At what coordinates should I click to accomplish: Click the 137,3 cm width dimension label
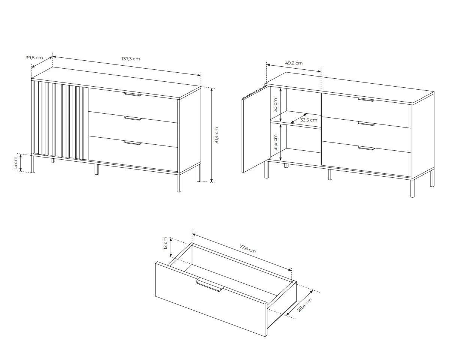click(131, 59)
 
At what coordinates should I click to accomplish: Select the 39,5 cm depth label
click(34, 57)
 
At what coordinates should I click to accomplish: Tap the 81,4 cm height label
click(217, 135)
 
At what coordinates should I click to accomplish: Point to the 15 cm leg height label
click(16, 163)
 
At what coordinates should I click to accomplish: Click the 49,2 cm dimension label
click(294, 63)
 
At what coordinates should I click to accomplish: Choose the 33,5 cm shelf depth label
click(309, 120)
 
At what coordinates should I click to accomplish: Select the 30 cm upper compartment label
click(275, 105)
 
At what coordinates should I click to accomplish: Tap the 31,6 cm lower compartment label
click(275, 142)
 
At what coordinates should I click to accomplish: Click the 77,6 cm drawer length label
click(248, 249)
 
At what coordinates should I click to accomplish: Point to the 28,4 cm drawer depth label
click(304, 305)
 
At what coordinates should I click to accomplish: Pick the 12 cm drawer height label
click(165, 243)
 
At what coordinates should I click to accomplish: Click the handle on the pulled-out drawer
click(210, 285)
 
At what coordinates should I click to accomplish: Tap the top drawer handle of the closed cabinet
click(133, 94)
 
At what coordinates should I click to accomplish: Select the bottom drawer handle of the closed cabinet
click(133, 143)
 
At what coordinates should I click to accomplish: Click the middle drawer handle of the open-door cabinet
click(366, 123)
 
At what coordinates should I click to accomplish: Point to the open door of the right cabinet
click(256, 129)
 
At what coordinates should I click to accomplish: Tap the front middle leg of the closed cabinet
click(96, 169)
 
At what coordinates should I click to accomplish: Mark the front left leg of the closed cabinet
click(33, 164)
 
